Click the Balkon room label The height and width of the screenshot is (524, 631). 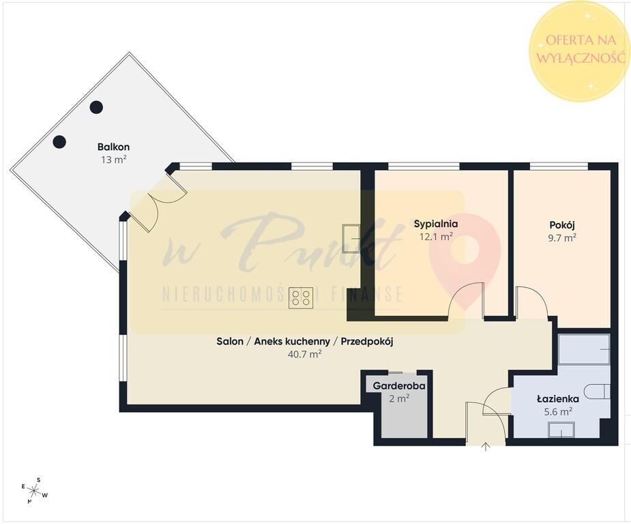[113, 147]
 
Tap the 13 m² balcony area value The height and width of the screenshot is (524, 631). [114, 160]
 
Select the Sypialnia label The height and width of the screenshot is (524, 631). [436, 224]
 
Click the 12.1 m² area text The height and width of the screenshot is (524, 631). [436, 237]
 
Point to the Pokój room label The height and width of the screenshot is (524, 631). [562, 224]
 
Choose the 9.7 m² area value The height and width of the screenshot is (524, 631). [562, 237]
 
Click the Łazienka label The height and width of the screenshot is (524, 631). [558, 399]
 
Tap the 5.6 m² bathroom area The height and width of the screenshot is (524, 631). [558, 411]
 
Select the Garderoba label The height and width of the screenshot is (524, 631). [399, 386]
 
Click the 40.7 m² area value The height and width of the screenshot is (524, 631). [305, 355]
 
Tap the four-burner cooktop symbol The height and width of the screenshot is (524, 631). [301, 298]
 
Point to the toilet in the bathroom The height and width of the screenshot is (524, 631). [598, 391]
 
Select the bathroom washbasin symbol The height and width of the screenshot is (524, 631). [561, 431]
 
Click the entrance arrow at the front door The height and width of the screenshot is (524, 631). [486, 446]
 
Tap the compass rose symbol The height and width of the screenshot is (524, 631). [35, 490]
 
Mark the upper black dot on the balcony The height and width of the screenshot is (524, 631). [96, 107]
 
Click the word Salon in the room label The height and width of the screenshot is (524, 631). [230, 342]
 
